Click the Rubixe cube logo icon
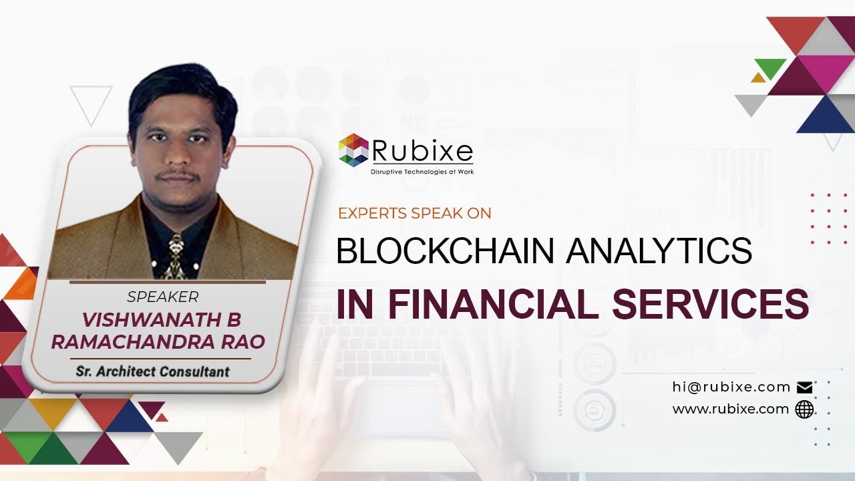tap(353, 150)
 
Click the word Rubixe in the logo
tap(422, 150)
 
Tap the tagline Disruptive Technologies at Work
tap(422, 172)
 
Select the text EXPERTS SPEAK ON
tap(415, 213)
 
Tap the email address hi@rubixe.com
tap(731, 387)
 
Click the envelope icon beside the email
tap(804, 387)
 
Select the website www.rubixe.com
tap(730, 409)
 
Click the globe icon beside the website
tap(804, 410)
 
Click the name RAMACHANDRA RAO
tap(158, 341)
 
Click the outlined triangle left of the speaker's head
tap(91, 102)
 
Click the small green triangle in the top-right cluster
tap(770, 67)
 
